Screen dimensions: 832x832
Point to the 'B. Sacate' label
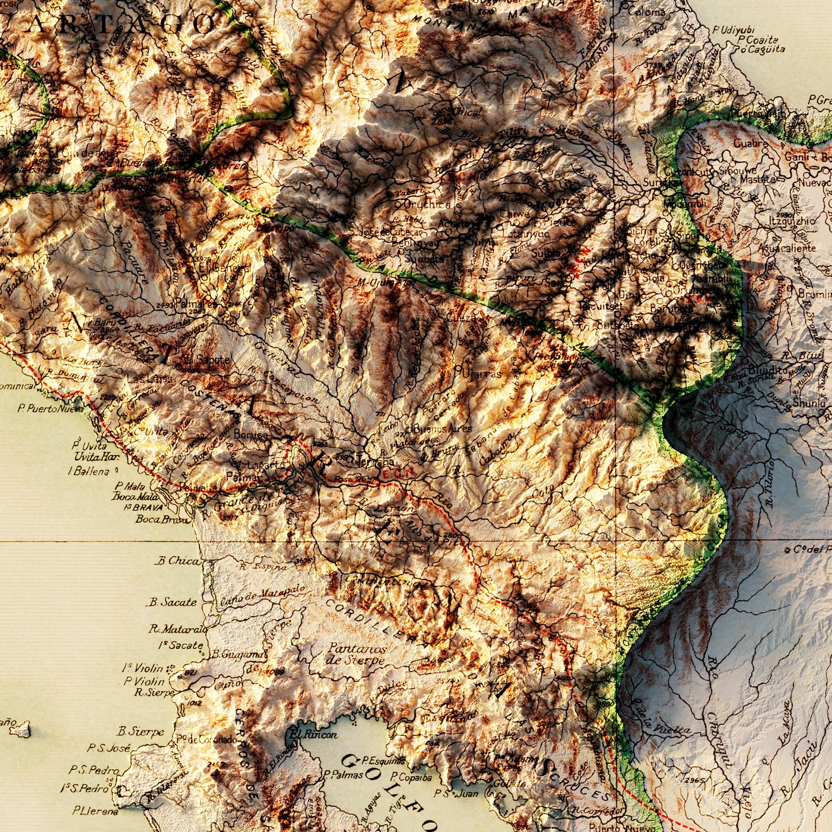172,602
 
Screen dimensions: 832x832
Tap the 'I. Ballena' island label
88,471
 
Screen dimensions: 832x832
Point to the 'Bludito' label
768,370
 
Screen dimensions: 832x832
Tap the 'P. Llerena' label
95,811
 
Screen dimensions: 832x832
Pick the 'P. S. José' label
108,748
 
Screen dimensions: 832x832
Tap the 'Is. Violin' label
142,668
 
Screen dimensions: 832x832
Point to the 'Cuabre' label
750,143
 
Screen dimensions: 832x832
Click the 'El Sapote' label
206,360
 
